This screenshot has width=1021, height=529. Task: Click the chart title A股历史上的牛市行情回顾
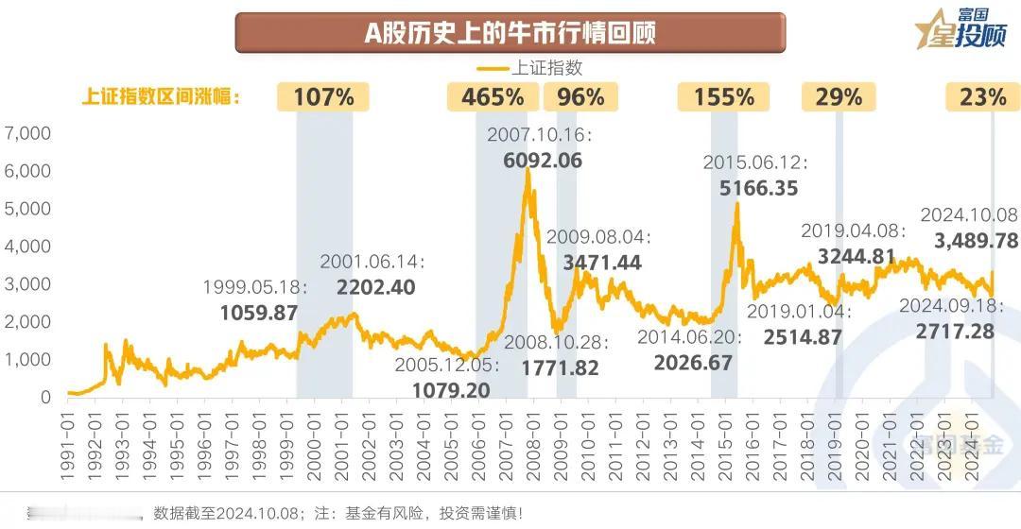coord(510,33)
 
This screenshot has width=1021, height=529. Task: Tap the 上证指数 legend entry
coord(529,68)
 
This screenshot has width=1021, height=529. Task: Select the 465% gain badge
coord(492,96)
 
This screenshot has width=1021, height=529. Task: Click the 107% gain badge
coord(323,96)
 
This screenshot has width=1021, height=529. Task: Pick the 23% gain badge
coord(983,96)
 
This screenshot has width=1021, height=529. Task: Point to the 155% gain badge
coord(723,96)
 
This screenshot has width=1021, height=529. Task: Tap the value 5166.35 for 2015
coord(758,188)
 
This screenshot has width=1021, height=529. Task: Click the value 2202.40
coord(375,287)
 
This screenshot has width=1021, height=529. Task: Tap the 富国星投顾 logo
coord(960,28)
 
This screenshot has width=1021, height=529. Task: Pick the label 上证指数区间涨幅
coord(161,96)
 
